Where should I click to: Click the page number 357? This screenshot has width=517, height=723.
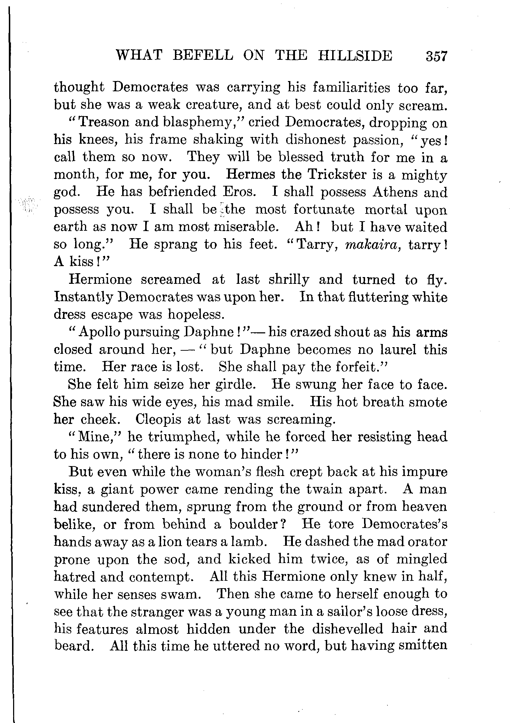click(437, 56)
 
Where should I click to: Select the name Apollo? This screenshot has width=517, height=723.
click(98, 332)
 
